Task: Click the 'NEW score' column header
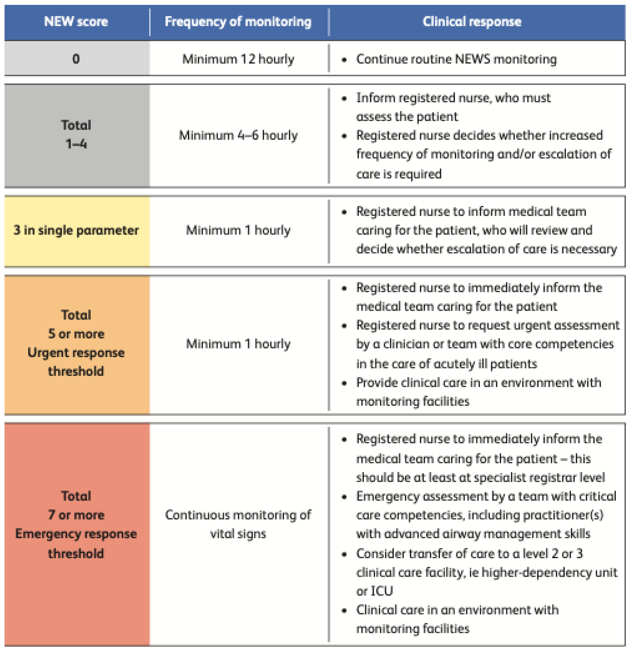(x=76, y=22)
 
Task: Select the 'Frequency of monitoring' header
(x=238, y=22)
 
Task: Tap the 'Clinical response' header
(x=472, y=22)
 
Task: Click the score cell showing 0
(x=76, y=59)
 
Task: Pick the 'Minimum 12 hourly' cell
(x=238, y=59)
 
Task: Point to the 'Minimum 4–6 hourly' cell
(x=238, y=135)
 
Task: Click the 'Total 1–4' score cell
(x=76, y=134)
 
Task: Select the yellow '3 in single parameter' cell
(x=76, y=230)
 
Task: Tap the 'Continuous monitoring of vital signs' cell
(x=238, y=524)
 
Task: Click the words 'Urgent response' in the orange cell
(x=76, y=353)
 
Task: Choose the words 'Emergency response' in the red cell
(x=76, y=534)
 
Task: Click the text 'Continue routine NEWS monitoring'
(x=456, y=59)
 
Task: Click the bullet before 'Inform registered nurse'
(x=344, y=98)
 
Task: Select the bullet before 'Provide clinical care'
(x=344, y=383)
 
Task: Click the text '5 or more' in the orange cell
(x=76, y=334)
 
